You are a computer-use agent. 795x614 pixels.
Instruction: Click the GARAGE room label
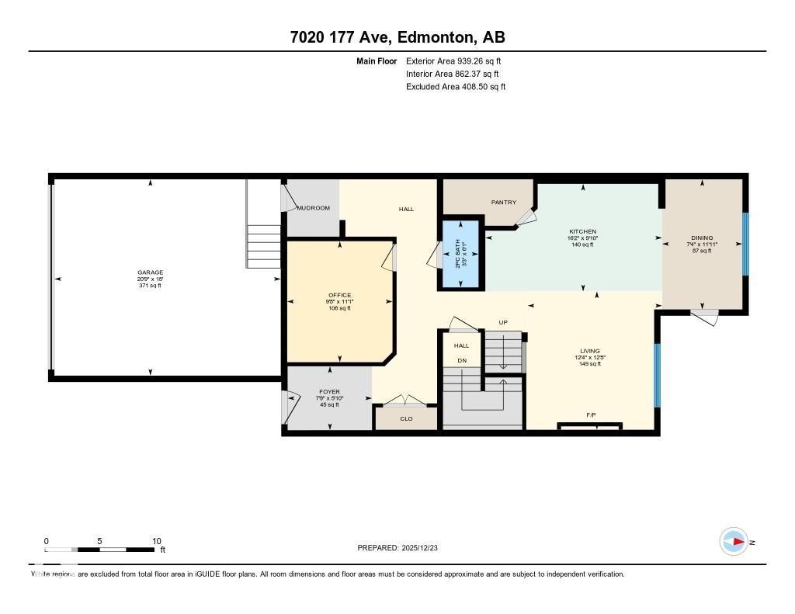[151, 272]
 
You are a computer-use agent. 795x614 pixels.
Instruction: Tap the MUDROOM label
[314, 208]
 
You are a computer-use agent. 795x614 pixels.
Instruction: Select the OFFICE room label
[339, 295]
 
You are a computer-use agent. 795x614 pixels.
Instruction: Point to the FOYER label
[329, 392]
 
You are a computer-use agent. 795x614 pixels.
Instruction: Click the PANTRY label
[504, 203]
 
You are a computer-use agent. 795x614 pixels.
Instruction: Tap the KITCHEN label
[582, 232]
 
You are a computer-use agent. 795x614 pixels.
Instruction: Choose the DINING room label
[702, 238]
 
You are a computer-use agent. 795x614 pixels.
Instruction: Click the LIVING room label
[589, 351]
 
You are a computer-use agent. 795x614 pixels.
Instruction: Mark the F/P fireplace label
[591, 415]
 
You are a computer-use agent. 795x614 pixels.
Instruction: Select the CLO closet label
[406, 419]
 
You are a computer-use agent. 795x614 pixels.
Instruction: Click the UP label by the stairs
[503, 322]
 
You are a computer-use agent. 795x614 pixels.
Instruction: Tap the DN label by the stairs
[462, 360]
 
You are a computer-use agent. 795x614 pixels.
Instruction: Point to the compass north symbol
[734, 542]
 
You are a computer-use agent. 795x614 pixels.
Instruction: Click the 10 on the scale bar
[157, 541]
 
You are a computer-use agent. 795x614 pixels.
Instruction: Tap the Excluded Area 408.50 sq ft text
[456, 87]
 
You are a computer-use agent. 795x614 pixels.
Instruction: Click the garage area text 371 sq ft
[151, 286]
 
